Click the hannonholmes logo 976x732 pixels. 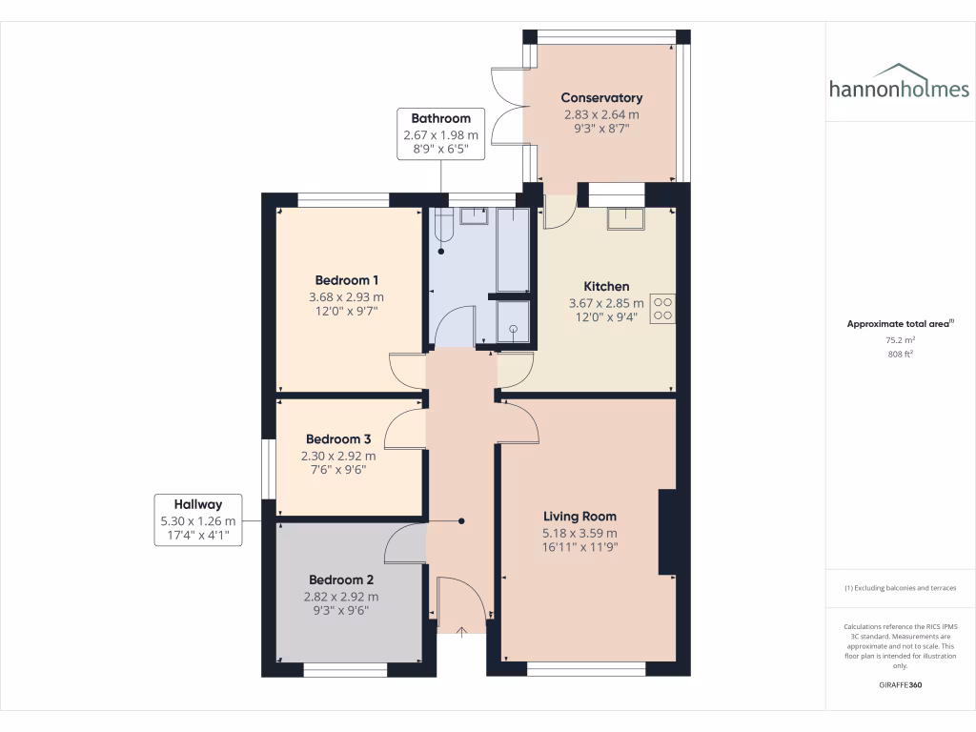899,83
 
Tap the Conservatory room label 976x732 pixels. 601,97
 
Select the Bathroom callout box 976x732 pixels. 440,134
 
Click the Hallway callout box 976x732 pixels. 198,519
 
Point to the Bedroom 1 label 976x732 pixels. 347,280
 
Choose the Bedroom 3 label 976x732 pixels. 338,439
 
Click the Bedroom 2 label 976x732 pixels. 341,579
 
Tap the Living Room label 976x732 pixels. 579,517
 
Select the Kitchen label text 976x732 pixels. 606,286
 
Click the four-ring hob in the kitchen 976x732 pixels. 662,310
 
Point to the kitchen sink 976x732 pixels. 624,218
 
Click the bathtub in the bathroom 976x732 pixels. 513,250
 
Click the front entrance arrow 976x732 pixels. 462,631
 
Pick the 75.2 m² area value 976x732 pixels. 899,339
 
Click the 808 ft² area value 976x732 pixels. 899,354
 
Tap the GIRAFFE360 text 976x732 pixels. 899,685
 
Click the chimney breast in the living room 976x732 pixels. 667,532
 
